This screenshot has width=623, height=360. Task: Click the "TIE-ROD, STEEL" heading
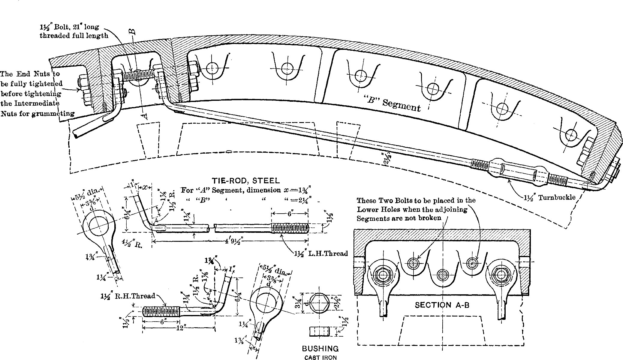(x=246, y=181)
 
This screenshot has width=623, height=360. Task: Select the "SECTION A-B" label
(x=442, y=305)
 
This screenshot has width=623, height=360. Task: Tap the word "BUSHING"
(x=320, y=349)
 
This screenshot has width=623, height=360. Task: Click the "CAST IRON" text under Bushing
(x=320, y=357)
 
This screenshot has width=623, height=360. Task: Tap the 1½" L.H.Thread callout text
(x=321, y=253)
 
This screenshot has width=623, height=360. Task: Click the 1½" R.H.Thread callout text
(x=128, y=296)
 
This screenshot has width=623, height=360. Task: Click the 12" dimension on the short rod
(x=180, y=328)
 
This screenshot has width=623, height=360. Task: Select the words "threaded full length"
(x=74, y=36)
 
